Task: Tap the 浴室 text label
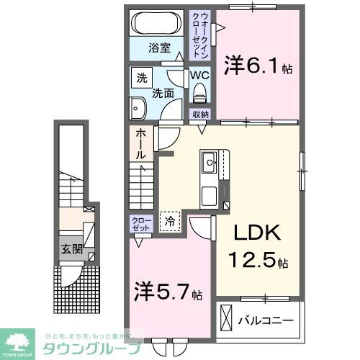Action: pyautogui.click(x=160, y=49)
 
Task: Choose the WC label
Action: pyautogui.click(x=199, y=74)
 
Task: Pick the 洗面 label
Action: pyautogui.click(x=161, y=92)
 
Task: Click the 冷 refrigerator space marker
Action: pyautogui.click(x=170, y=222)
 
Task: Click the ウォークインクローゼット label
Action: pyautogui.click(x=202, y=35)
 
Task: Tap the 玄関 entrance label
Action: pyautogui.click(x=70, y=251)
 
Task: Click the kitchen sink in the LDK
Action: pyautogui.click(x=210, y=162)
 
